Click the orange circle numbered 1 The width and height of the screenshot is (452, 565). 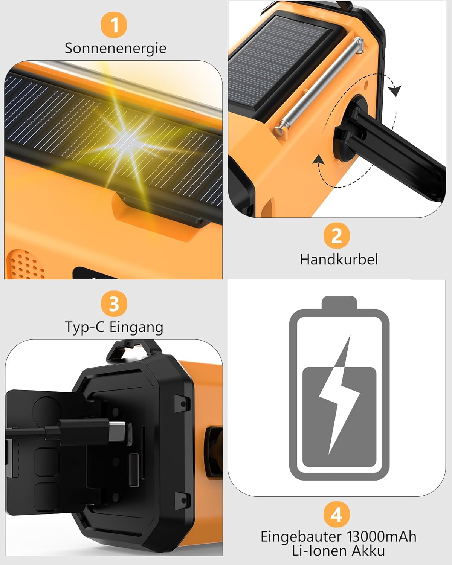point(114,25)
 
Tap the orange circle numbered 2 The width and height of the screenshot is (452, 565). point(336,235)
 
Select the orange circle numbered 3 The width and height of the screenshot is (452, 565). point(114,304)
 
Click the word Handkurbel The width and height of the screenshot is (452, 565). point(339,260)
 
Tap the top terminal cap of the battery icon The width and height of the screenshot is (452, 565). point(339,302)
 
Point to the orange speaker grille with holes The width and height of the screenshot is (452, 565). point(26,265)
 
